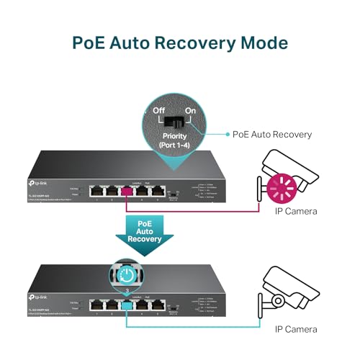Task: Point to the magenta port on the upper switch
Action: click(x=133, y=192)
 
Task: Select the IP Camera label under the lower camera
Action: click(x=295, y=328)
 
